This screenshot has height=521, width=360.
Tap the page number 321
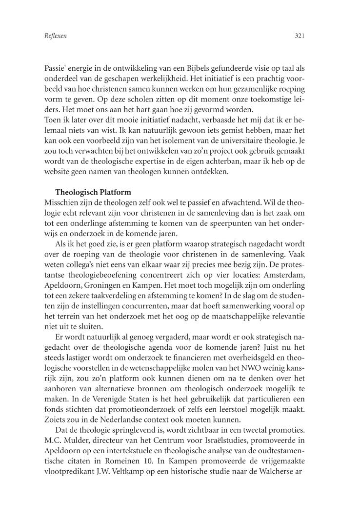pos(300,36)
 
